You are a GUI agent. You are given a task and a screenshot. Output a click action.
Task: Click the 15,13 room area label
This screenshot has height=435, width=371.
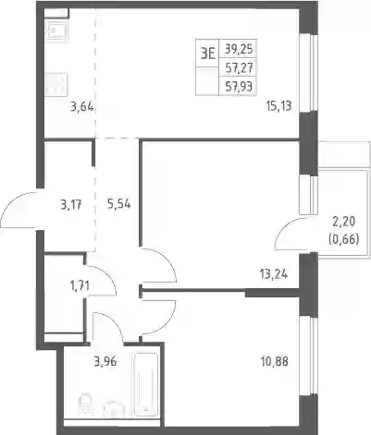click(x=278, y=106)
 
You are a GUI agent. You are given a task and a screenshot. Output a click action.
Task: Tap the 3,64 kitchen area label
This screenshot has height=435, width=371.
click(x=81, y=107)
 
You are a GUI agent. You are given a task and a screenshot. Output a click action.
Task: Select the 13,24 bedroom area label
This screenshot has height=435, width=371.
click(x=274, y=273)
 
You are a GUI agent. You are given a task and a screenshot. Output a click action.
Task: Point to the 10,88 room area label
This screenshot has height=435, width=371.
click(x=274, y=361)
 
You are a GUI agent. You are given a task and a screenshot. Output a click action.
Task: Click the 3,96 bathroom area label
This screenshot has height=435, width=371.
click(x=105, y=361)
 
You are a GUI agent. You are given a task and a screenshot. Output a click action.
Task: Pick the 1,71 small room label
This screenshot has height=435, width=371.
click(x=80, y=286)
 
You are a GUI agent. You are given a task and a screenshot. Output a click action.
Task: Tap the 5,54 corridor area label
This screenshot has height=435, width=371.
click(x=119, y=204)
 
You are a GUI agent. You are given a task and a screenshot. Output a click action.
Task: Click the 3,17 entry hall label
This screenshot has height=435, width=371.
click(x=71, y=204)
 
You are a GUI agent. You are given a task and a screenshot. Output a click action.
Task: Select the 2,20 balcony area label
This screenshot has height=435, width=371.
click(x=344, y=221)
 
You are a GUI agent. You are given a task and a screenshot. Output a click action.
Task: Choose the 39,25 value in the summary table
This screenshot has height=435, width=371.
click(x=239, y=49)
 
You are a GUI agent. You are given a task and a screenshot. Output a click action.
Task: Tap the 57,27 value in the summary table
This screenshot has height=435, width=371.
click(x=239, y=67)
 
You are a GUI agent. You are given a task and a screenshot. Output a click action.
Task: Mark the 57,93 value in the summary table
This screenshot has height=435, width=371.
click(x=239, y=87)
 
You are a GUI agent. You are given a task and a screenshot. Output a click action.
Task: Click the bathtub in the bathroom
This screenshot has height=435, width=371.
click(x=145, y=385)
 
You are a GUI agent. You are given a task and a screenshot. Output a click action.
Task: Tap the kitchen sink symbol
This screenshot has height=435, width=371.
click(x=56, y=30)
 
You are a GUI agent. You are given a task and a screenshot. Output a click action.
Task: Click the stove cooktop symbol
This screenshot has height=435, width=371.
click(x=56, y=84)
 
